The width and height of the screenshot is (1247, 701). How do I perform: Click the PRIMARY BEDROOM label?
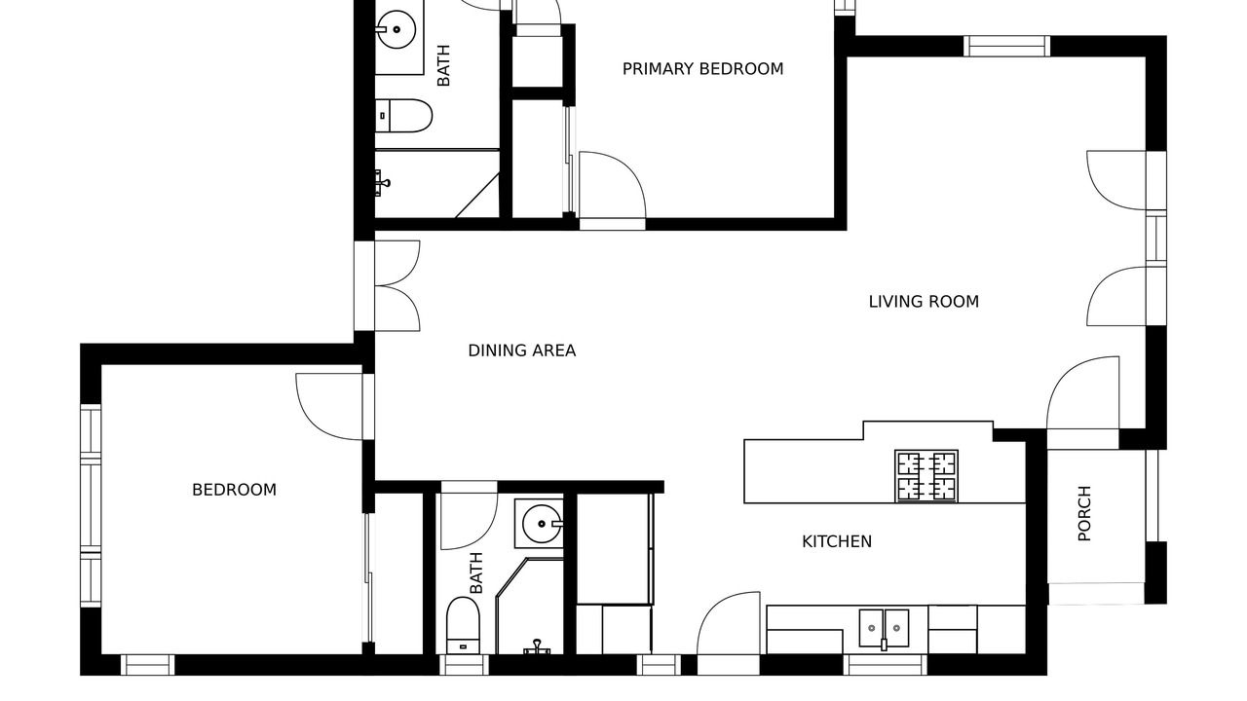pyautogui.click(x=702, y=69)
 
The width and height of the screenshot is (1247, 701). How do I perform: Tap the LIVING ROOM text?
pyautogui.click(x=924, y=302)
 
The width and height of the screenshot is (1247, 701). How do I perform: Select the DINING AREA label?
pyautogui.click(x=521, y=350)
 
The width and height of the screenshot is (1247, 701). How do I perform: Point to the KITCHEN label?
pyautogui.click(x=837, y=541)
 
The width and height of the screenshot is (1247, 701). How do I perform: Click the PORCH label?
pyautogui.click(x=1084, y=513)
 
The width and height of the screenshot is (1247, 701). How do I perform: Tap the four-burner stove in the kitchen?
pyautogui.click(x=926, y=476)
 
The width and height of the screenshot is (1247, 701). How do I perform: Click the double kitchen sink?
pyautogui.click(x=884, y=628)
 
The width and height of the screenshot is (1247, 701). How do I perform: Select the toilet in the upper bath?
pyautogui.click(x=403, y=116)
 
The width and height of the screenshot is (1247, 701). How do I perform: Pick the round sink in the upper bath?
pyautogui.click(x=396, y=29)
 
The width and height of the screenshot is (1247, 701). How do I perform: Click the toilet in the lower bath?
pyautogui.click(x=463, y=625)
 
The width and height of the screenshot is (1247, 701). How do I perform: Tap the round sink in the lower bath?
pyautogui.click(x=542, y=524)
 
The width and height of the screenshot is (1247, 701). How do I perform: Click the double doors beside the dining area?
pyautogui.click(x=397, y=286)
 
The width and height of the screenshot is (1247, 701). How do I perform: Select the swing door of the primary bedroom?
pyautogui.click(x=613, y=185)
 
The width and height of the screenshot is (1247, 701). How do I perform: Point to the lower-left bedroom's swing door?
pyautogui.click(x=329, y=407)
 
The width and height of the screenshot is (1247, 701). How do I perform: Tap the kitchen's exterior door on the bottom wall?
pyautogui.click(x=728, y=623)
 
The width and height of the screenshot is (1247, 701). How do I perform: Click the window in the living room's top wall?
pyautogui.click(x=1006, y=46)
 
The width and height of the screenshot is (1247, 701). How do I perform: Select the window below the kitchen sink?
pyautogui.click(x=886, y=665)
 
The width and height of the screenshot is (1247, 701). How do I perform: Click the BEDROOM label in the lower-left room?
pyautogui.click(x=235, y=490)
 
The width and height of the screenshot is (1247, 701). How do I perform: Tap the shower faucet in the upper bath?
pyautogui.click(x=382, y=182)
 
